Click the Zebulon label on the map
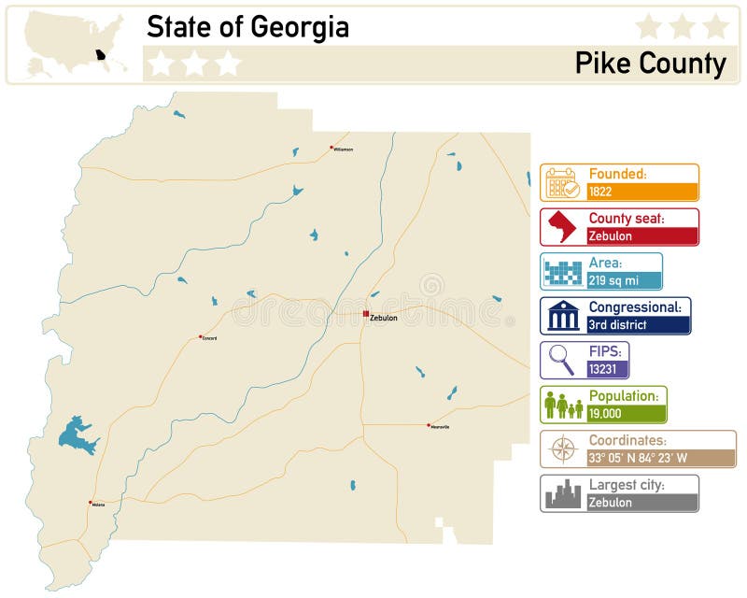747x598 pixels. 384,319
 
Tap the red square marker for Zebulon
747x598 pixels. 366,314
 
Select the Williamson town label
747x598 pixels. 344,149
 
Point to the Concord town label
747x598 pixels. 209,338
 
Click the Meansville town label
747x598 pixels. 440,427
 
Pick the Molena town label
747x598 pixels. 99,505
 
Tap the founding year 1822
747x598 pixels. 600,192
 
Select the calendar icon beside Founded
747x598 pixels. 563,183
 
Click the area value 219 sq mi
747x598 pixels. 613,280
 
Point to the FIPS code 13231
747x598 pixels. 602,369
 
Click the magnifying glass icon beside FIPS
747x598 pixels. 562,360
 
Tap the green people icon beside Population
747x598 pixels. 563,405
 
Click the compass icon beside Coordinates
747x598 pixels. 563,449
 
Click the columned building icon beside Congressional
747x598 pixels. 563,316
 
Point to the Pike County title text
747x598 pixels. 650,64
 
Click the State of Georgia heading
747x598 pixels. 247,27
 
